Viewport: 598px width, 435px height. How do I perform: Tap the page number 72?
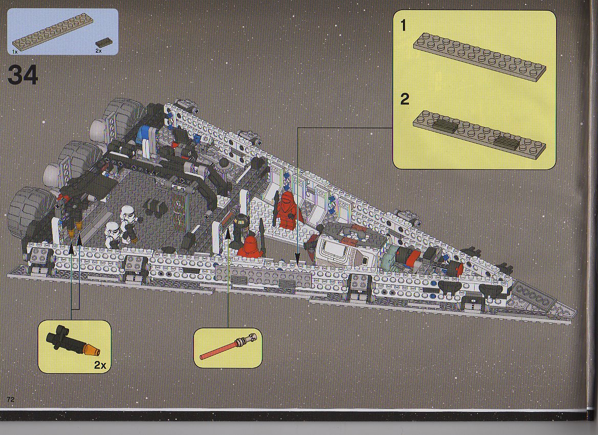click(10, 399)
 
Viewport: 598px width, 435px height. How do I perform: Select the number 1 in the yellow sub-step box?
click(403, 26)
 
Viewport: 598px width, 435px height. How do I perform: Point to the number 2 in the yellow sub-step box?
click(404, 99)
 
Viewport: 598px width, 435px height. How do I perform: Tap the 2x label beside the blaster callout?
click(100, 365)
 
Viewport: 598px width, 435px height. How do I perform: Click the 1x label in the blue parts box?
click(14, 51)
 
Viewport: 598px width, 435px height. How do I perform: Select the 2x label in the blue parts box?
click(98, 51)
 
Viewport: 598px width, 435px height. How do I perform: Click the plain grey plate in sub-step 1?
click(479, 56)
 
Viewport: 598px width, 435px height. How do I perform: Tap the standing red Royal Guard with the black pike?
click(288, 209)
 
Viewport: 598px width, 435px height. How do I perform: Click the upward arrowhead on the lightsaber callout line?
click(228, 233)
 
